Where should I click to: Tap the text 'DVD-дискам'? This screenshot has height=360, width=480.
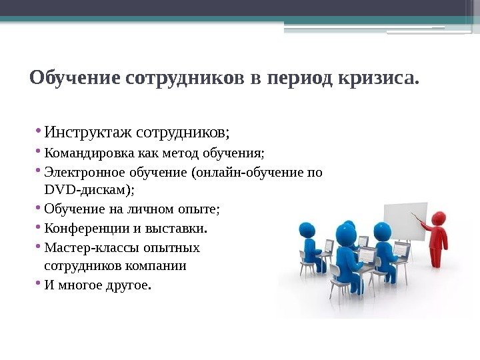point(87,191)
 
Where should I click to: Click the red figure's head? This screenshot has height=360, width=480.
point(438,219)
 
